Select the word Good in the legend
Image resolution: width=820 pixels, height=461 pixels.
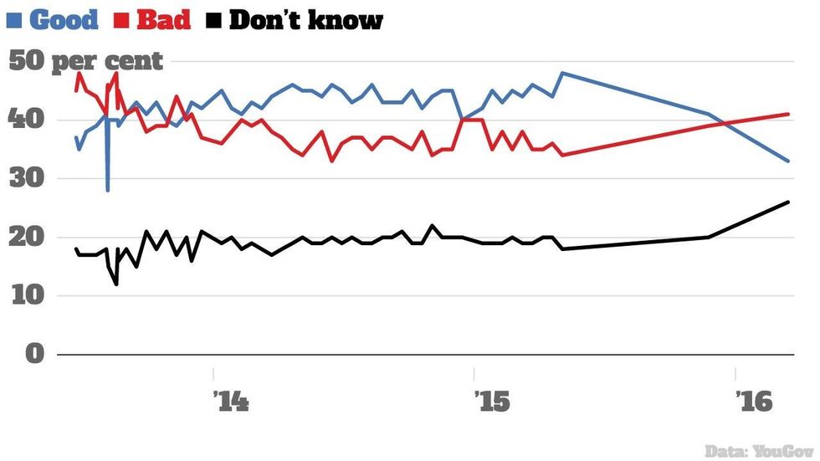(64, 20)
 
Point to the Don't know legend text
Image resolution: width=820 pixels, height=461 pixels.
(305, 20)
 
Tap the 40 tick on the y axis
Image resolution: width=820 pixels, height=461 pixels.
(27, 120)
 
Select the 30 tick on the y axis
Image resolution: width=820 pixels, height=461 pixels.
(27, 179)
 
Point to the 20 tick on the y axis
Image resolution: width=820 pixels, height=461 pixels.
(27, 238)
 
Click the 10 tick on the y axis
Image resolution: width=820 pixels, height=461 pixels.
(27, 296)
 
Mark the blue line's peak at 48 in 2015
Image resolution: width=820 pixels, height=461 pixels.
(562, 73)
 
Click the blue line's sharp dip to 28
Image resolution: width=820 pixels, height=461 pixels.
(107, 190)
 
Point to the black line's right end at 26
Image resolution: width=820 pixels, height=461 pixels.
(788, 202)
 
